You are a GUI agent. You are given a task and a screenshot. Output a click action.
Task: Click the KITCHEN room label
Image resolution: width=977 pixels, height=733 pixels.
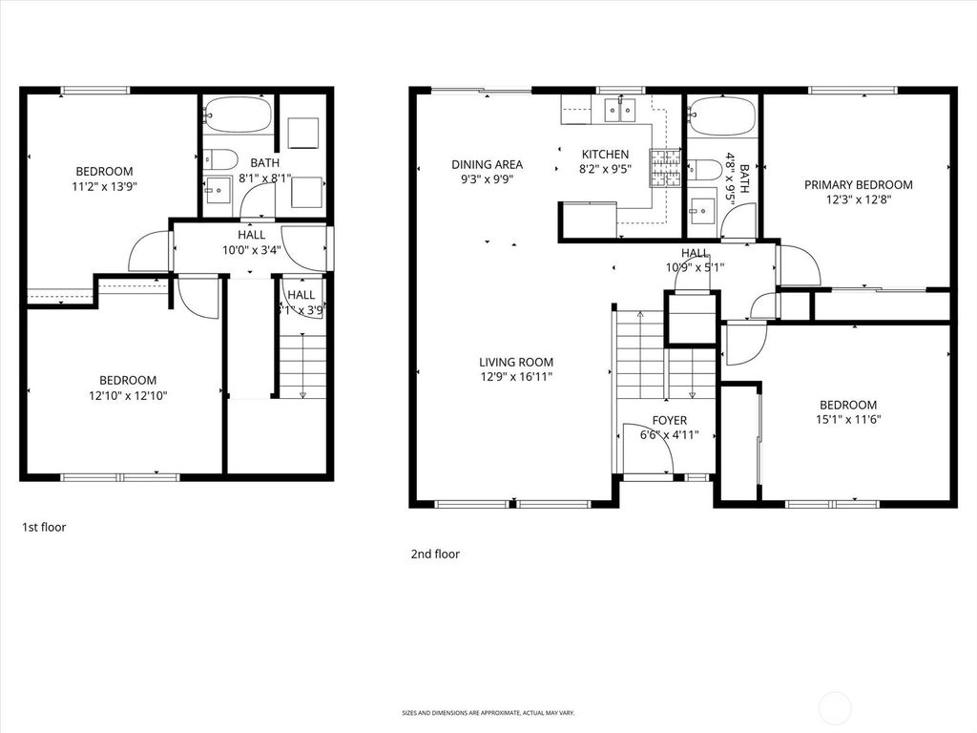(605, 155)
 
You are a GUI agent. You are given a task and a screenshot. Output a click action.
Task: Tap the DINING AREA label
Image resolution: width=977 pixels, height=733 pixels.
(487, 164)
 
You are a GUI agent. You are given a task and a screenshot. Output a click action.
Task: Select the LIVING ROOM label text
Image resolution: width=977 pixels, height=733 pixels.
(516, 363)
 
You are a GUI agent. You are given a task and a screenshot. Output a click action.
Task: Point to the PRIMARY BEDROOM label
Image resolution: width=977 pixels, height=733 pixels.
(858, 185)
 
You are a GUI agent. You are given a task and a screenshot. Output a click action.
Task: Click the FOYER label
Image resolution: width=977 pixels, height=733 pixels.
(669, 420)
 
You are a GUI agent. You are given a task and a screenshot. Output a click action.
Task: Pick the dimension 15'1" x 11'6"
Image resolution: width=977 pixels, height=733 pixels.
(847, 419)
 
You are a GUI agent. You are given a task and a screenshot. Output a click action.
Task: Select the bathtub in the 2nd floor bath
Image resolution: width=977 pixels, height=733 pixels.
(722, 116)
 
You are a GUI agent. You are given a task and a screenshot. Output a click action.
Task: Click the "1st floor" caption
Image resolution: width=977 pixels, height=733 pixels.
(44, 526)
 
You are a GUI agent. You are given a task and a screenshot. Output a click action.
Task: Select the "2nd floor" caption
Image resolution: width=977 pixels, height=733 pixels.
(435, 554)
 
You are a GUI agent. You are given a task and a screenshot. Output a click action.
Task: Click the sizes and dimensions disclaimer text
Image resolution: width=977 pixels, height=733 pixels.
(488, 712)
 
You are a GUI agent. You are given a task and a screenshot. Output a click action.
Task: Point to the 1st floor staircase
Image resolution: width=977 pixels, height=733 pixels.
(302, 367)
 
